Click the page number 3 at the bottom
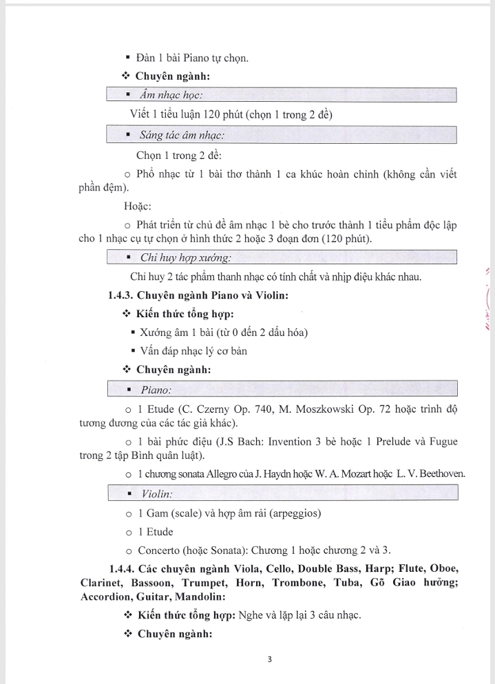(x=269, y=659)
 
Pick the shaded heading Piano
(x=156, y=390)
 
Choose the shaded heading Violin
(x=157, y=494)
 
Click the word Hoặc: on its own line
(x=138, y=206)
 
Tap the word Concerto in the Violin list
(x=160, y=551)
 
